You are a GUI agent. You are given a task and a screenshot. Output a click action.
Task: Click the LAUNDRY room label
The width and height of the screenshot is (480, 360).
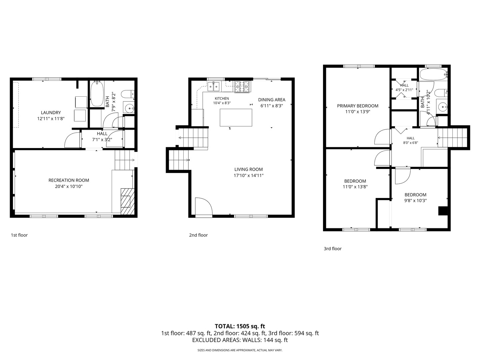pyautogui.click(x=51, y=113)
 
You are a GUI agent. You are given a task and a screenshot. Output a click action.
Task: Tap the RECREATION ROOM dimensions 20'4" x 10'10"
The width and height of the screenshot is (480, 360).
pyautogui.click(x=69, y=186)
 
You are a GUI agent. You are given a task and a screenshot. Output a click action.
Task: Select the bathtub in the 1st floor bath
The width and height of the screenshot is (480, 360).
pyautogui.click(x=97, y=94)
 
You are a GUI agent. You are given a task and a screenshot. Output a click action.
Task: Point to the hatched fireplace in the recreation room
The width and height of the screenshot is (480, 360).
pyautogui.click(x=127, y=201)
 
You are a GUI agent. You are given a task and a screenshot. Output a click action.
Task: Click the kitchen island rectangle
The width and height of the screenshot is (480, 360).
pyautogui.click(x=236, y=118)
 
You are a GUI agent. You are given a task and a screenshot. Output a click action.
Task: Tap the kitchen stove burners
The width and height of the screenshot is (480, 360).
pyautogui.click(x=242, y=87)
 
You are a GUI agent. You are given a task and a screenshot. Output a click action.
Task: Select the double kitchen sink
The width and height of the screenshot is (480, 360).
pyautogui.click(x=213, y=87)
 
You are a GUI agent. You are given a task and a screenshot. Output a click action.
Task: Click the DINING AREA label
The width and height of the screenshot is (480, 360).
pyautogui.click(x=272, y=100)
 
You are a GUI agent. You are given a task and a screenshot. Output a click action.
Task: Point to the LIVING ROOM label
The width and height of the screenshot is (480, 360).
pyautogui.click(x=248, y=169)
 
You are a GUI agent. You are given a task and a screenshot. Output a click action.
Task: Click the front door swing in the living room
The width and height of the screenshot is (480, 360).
pyautogui.click(x=204, y=206)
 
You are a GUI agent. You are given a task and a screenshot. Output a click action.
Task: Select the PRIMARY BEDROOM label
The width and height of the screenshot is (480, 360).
pyautogui.click(x=358, y=106)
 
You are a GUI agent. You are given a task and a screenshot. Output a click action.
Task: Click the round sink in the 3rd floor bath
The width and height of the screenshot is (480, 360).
pyautogui.click(x=442, y=107)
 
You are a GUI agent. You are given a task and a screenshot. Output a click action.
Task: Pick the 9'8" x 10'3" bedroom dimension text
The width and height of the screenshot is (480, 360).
pyautogui.click(x=415, y=201)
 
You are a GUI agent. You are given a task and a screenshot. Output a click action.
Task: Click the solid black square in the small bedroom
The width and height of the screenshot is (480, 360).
pyautogui.click(x=443, y=211)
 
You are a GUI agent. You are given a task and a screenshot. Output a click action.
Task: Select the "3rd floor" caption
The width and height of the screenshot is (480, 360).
pyautogui.click(x=333, y=249)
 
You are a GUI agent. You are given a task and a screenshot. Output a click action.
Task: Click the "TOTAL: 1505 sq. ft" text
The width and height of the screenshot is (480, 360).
pyautogui.click(x=240, y=326)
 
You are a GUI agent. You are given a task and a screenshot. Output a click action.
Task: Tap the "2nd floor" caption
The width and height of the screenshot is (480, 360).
pyautogui.click(x=198, y=235)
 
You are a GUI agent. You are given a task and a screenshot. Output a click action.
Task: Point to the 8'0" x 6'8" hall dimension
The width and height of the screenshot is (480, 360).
pyautogui.click(x=410, y=143)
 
